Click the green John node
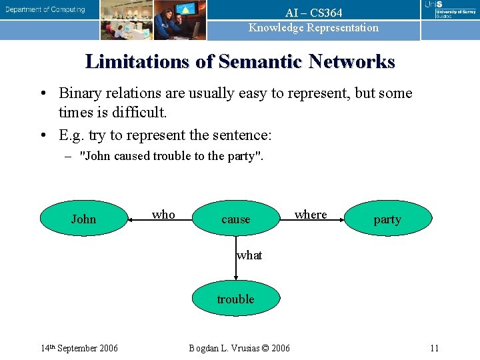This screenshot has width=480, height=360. tap(83, 219)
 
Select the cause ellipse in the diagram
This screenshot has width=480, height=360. tap(236, 219)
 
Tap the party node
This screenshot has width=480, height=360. tap(387, 219)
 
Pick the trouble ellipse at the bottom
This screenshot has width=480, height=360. tap(235, 299)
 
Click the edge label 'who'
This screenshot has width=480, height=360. tap(163, 214)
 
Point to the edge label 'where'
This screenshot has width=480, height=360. tap(311, 214)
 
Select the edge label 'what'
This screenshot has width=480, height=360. tap(249, 255)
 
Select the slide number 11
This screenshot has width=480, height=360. tap(434, 348)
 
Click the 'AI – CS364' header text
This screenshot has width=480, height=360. tap(313, 13)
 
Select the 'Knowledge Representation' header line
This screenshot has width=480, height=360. tap(313, 27)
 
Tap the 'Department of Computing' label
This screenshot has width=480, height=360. tap(46, 9)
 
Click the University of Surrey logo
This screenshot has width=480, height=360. tap(450, 10)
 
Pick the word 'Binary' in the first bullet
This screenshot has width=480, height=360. tap(81, 93)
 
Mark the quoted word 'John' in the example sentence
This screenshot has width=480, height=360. tap(96, 157)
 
